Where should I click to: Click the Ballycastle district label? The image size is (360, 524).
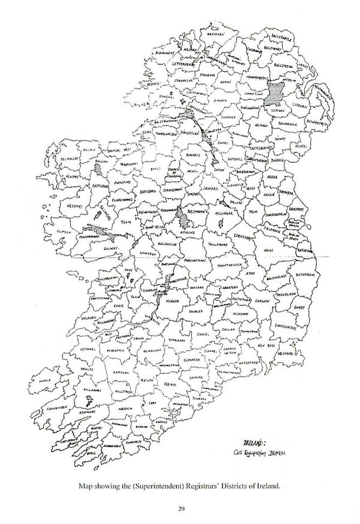tap(285, 37)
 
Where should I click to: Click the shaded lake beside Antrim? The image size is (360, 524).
tap(277, 91)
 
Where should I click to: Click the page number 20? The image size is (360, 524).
tap(180, 510)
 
